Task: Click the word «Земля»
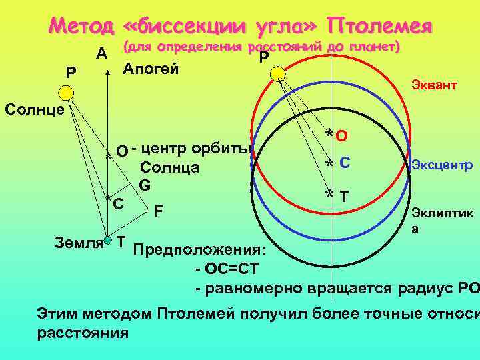point(79,241)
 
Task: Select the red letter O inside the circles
point(341,136)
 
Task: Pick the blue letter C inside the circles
point(345,162)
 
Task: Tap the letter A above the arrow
point(102,53)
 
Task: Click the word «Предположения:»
point(200,251)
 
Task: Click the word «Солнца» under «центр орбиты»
point(170,167)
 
